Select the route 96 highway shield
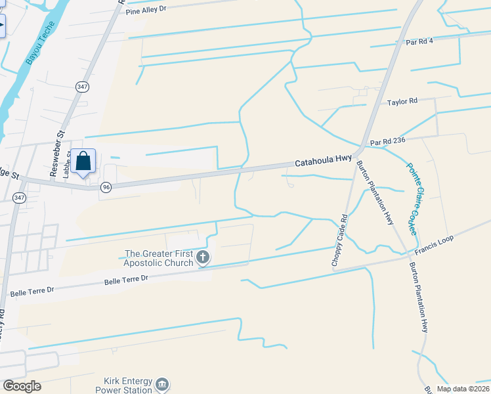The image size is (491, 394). click(106, 187)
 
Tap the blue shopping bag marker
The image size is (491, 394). click(84, 161)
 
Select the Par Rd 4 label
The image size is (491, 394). click(420, 41)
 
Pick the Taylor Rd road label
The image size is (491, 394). click(402, 102)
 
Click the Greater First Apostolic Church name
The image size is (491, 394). click(160, 258)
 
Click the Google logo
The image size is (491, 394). click(22, 386)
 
